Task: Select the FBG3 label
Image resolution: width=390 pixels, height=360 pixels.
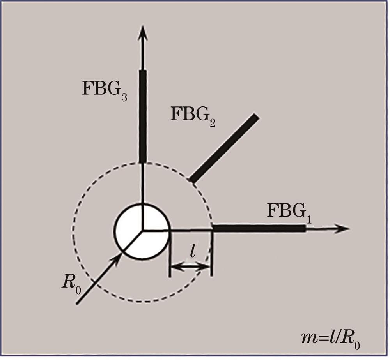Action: (105, 90)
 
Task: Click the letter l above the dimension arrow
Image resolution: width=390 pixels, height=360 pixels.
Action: (192, 253)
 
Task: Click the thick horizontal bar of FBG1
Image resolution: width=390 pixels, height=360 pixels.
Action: (259, 229)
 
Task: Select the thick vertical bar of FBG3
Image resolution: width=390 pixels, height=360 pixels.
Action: (143, 116)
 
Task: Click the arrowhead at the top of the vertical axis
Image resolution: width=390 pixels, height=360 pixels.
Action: (143, 32)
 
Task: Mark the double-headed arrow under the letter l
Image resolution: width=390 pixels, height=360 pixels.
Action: (191, 267)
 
